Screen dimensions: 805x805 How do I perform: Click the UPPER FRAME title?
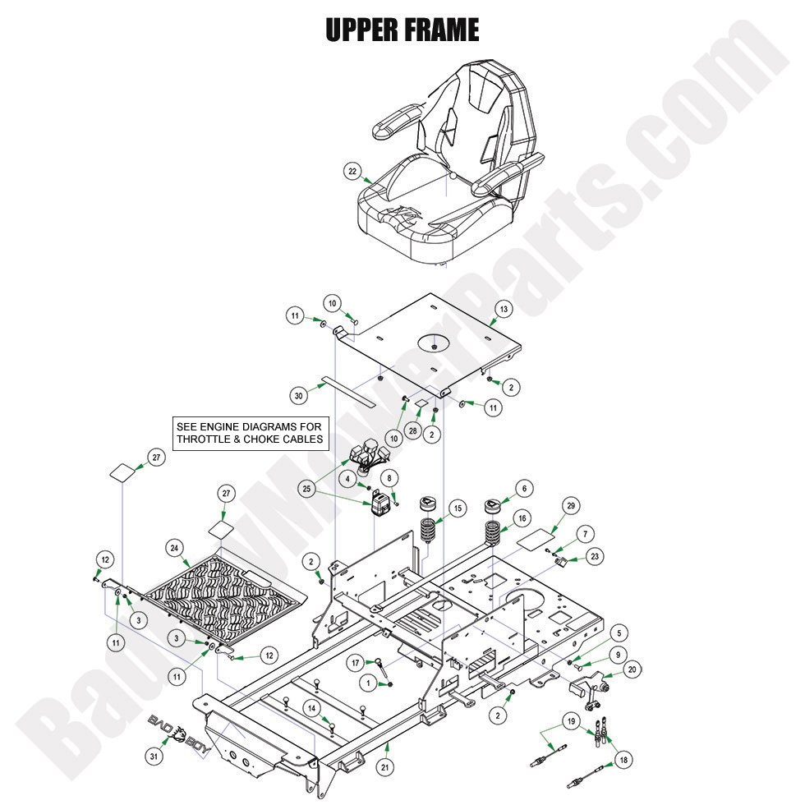click(402, 30)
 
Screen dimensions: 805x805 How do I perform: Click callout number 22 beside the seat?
click(352, 171)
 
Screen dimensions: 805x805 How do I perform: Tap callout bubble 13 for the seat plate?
click(504, 309)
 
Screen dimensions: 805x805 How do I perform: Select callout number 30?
click(300, 395)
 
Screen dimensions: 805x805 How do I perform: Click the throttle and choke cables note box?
click(251, 432)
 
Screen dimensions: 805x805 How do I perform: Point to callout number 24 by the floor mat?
click(174, 547)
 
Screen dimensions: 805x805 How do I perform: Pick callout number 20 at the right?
click(631, 669)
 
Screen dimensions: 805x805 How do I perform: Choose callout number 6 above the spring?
click(522, 488)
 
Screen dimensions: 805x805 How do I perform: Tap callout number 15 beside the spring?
click(457, 508)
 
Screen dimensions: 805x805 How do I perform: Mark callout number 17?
click(355, 662)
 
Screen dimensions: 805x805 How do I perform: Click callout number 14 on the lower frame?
click(312, 707)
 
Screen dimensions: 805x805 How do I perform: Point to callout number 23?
click(595, 556)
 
